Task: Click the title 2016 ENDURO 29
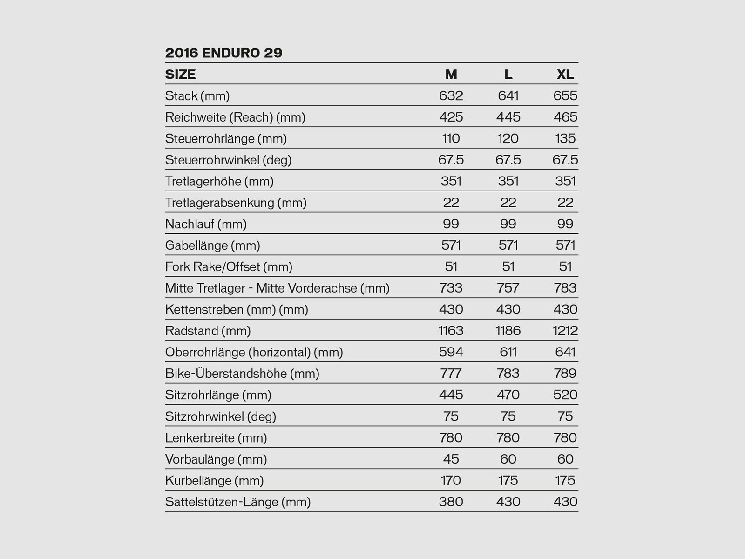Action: click(x=223, y=53)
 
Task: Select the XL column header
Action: click(x=565, y=75)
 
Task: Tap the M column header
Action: click(x=451, y=75)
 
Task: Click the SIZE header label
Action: click(x=180, y=75)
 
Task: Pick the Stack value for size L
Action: click(x=508, y=96)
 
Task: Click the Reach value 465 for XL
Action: click(x=565, y=117)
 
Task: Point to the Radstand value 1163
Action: click(x=451, y=331)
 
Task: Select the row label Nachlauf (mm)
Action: click(x=206, y=224)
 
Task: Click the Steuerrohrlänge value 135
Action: click(x=565, y=139)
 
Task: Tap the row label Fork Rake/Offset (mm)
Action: click(x=229, y=267)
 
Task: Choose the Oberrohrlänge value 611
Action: click(x=508, y=352)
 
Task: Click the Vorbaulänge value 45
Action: click(x=451, y=459)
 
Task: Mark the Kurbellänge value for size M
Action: click(x=451, y=481)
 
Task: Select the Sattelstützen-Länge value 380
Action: click(x=451, y=502)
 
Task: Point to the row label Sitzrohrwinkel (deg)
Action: click(x=220, y=416)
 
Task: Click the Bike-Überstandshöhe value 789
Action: click(x=565, y=374)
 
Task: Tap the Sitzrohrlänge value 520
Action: click(x=565, y=395)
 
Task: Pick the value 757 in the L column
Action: click(x=508, y=288)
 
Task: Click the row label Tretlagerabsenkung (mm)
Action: click(x=236, y=203)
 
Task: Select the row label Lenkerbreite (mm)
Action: click(x=216, y=438)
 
